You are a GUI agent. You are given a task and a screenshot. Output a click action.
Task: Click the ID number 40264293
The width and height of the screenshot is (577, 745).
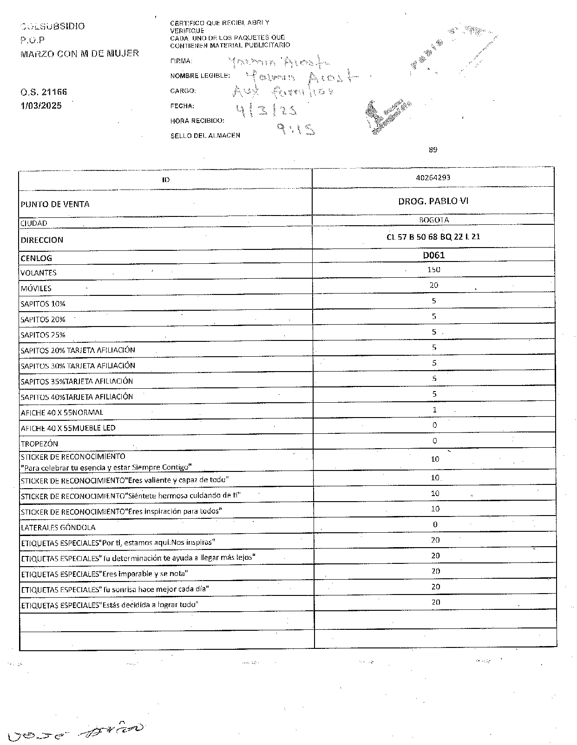pos(433,177)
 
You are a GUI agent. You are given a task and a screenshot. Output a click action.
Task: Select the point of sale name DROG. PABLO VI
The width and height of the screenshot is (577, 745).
pos(433,201)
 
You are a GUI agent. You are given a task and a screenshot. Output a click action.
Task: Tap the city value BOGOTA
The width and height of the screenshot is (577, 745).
pos(433,220)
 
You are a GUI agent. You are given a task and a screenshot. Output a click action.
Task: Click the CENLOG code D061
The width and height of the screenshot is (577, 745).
pos(433,255)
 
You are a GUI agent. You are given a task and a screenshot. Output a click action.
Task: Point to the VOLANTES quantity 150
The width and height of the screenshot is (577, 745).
pos(434,269)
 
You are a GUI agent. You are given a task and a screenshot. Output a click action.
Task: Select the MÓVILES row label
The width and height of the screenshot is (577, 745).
pos(36,288)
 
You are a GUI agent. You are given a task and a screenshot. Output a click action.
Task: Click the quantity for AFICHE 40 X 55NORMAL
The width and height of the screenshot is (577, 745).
pos(434,410)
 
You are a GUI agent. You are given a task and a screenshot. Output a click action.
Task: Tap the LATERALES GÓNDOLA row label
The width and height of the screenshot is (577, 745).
pos(58,528)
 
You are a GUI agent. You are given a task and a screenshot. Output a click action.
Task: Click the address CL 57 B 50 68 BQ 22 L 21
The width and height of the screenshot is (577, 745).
pos(433,237)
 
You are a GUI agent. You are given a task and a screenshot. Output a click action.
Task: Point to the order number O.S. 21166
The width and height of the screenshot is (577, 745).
pos(44,92)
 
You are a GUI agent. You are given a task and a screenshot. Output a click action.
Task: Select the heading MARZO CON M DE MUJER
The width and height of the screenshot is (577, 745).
pos(79,53)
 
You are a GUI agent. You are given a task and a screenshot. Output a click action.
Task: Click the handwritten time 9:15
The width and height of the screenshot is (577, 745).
pos(295,129)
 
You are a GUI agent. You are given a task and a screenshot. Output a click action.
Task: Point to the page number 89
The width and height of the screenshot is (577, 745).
pos(433,150)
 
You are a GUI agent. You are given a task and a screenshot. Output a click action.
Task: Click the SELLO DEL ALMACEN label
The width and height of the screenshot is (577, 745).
pos(205,136)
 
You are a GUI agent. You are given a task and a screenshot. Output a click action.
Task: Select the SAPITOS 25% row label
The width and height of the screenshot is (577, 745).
pos(43,335)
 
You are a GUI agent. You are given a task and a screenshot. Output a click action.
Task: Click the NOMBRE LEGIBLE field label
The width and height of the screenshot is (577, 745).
pos(200,76)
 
